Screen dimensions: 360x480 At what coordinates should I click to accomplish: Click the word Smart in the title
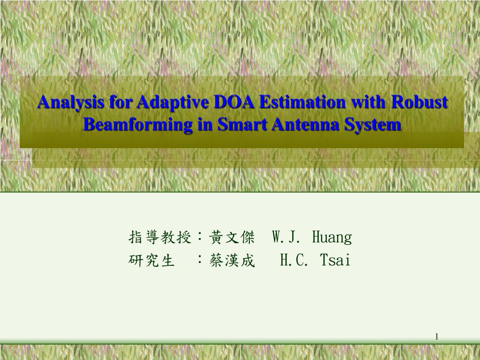pyautogui.click(x=234, y=125)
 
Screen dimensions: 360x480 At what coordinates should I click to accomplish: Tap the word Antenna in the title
pyautogui.click(x=300, y=125)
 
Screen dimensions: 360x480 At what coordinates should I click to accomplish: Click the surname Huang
pyautogui.click(x=331, y=238)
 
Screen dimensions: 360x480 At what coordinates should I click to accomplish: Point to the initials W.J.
pyautogui.click(x=285, y=238)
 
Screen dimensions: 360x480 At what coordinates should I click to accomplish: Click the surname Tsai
pyautogui.click(x=335, y=260)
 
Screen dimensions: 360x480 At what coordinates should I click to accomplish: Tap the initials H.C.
pyautogui.click(x=293, y=260)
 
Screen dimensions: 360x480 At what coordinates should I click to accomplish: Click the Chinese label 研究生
pyautogui.click(x=151, y=260)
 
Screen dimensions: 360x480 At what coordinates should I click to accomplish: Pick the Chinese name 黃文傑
pyautogui.click(x=232, y=238)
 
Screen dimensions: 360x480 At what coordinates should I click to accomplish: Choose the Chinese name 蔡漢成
pyautogui.click(x=232, y=260)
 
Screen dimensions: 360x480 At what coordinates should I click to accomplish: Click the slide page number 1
pyautogui.click(x=436, y=336)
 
